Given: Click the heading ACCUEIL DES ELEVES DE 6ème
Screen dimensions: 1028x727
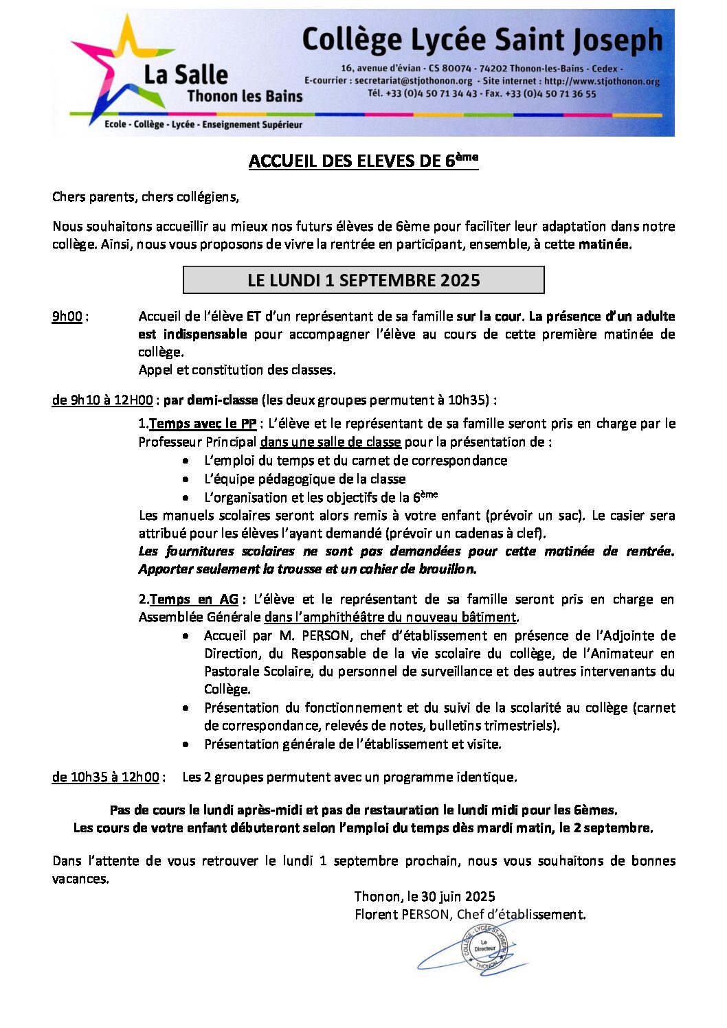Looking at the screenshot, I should point(363,161).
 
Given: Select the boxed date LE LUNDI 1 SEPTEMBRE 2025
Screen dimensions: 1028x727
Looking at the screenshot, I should point(363,280).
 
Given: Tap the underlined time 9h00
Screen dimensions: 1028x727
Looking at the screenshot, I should point(67,317).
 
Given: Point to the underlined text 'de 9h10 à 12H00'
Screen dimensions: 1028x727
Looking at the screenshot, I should point(102,400).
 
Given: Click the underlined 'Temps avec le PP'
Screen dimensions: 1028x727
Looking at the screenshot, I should point(203,424).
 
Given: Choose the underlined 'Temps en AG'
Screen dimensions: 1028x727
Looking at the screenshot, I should point(194,599).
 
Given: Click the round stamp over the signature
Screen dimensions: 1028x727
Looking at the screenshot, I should point(484,948).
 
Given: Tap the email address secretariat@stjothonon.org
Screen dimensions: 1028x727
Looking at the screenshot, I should point(414,81).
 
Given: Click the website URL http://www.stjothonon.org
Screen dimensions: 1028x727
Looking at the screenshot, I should point(602,81).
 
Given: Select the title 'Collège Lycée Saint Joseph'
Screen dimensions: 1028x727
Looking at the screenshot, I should point(482,40).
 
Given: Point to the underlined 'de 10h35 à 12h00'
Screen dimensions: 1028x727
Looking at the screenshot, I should point(106,777).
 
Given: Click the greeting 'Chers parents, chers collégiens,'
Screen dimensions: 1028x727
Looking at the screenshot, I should point(146,197).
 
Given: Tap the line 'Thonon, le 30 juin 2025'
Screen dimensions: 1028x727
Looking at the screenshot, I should point(425,896).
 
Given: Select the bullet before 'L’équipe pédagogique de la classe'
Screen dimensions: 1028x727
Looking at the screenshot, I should point(186,479).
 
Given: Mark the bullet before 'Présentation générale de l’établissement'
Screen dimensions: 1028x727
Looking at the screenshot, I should point(186,744).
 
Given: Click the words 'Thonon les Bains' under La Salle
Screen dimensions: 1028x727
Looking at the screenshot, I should point(245,96).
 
